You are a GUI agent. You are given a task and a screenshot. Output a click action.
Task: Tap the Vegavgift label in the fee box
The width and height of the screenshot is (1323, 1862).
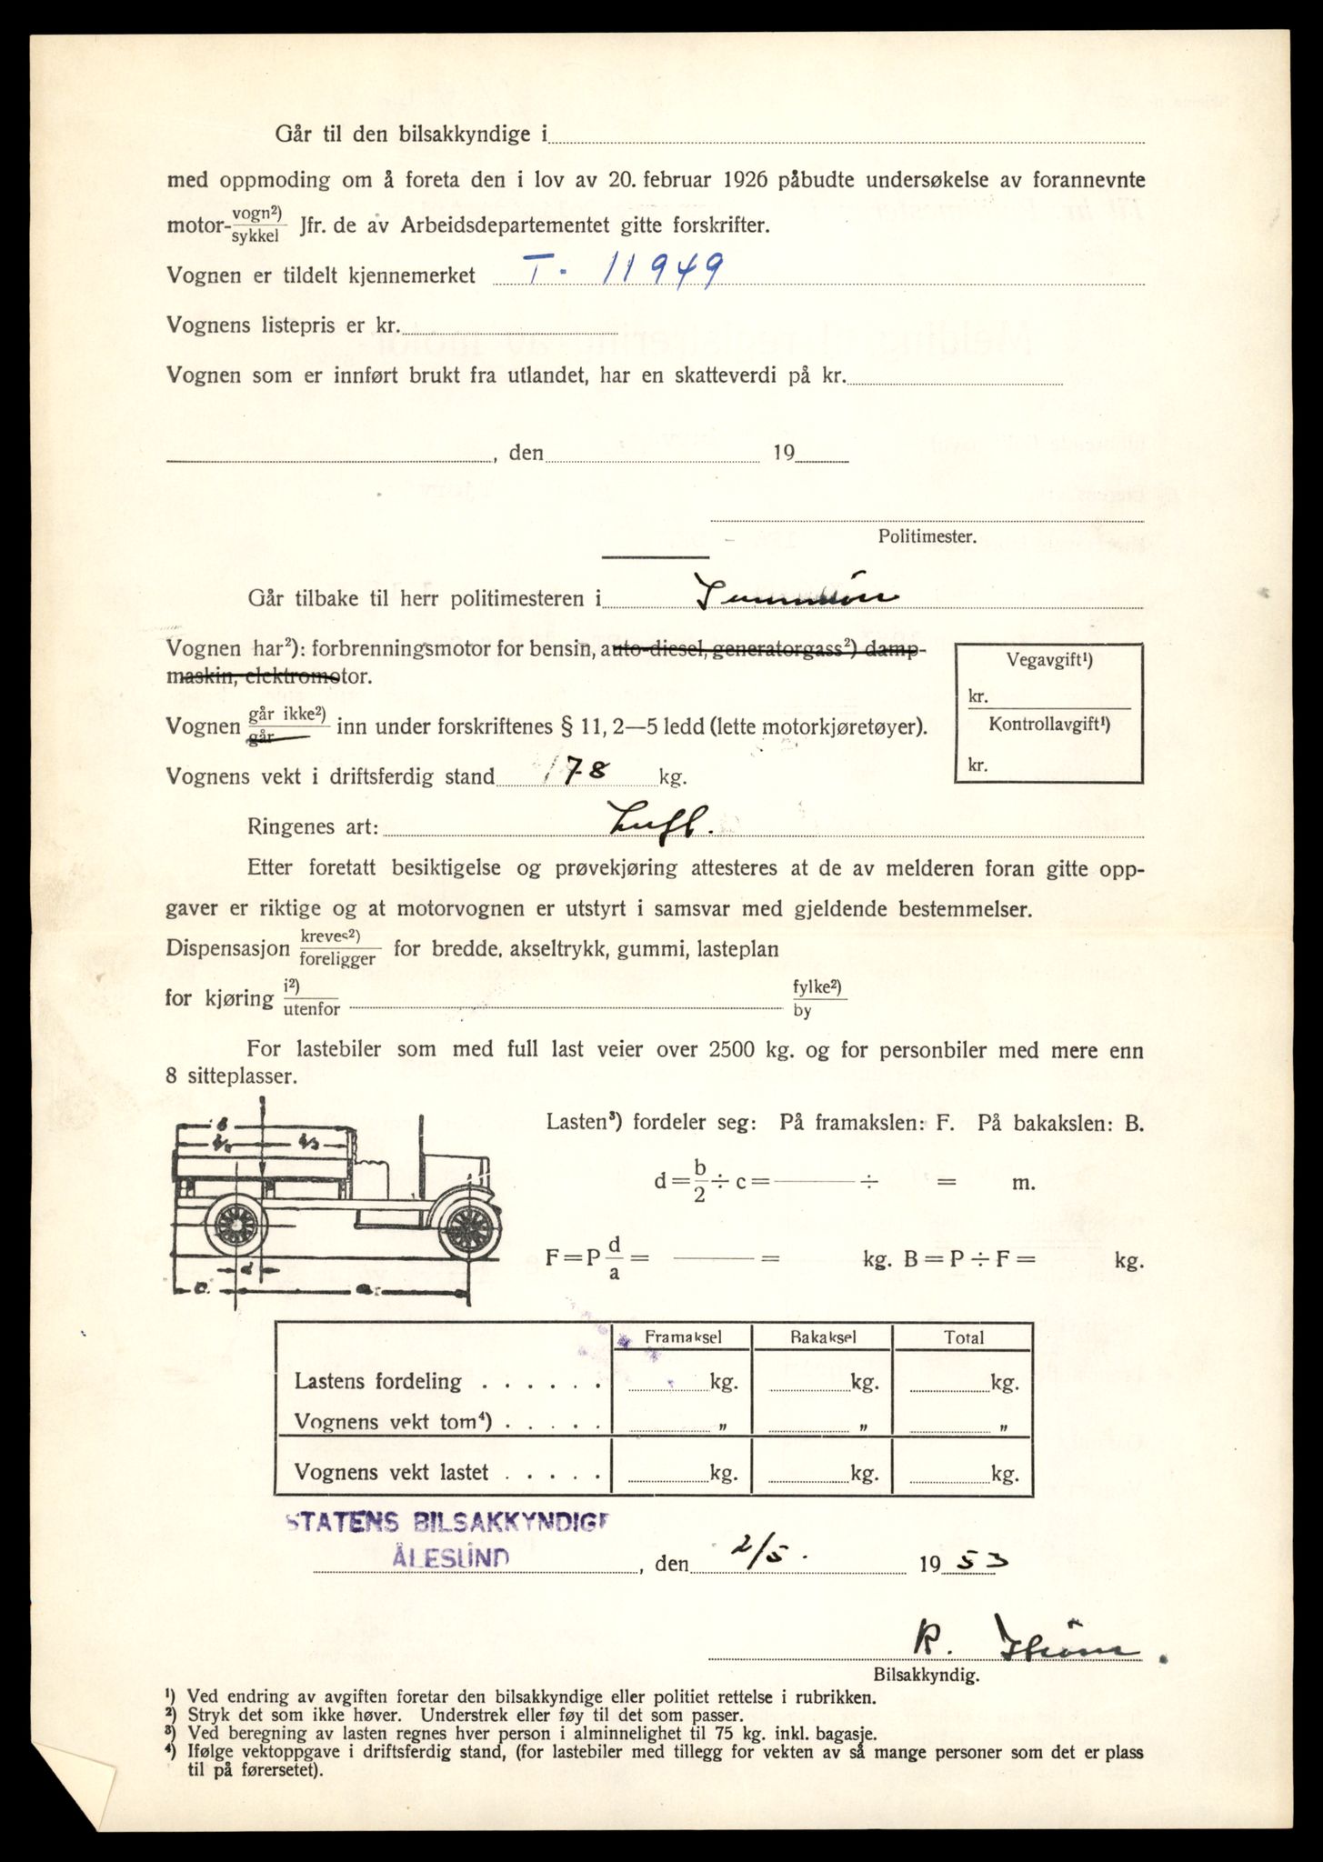tap(1049, 661)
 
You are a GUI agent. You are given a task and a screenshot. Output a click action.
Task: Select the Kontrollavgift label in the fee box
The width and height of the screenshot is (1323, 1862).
tap(1049, 725)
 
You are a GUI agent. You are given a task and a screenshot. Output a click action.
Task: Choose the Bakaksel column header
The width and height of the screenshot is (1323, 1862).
tap(823, 1336)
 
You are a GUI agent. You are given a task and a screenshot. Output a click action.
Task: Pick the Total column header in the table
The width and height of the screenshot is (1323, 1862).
tap(963, 1337)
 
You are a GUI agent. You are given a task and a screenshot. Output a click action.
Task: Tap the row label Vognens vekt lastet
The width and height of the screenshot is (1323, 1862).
tap(391, 1472)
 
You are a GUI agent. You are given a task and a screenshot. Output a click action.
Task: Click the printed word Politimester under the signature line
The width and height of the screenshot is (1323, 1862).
tap(927, 536)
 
